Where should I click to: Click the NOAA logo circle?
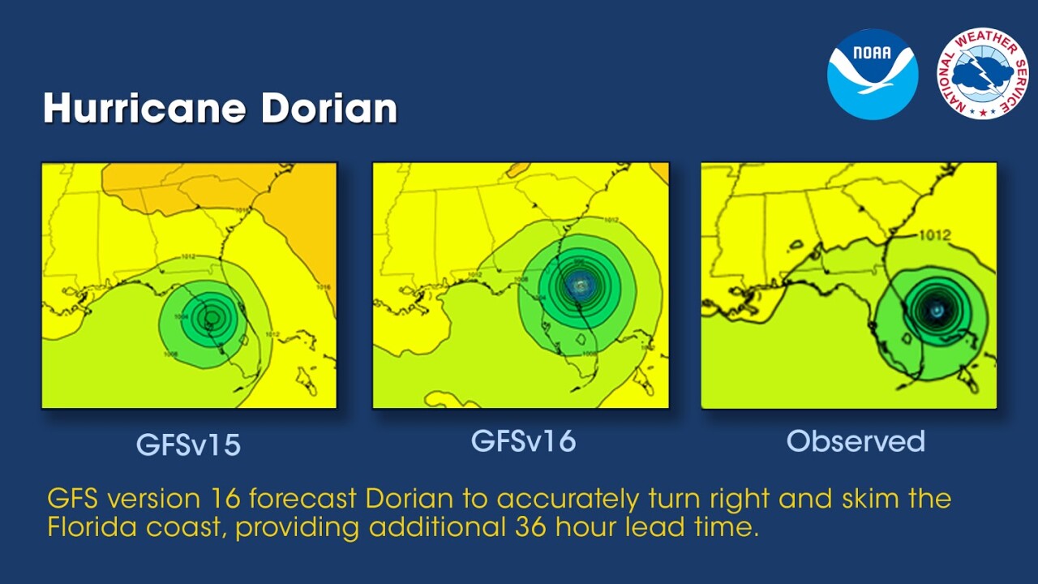click(x=872, y=74)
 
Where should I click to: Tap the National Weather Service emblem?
click(x=982, y=74)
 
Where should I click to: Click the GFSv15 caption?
click(x=188, y=445)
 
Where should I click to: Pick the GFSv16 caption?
click(x=523, y=440)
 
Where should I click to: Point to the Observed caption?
click(x=856, y=440)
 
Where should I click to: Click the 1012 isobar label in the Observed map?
click(x=934, y=235)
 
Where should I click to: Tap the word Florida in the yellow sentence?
click(x=91, y=526)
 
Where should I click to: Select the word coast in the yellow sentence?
click(x=186, y=526)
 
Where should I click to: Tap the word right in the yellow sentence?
click(x=730, y=499)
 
